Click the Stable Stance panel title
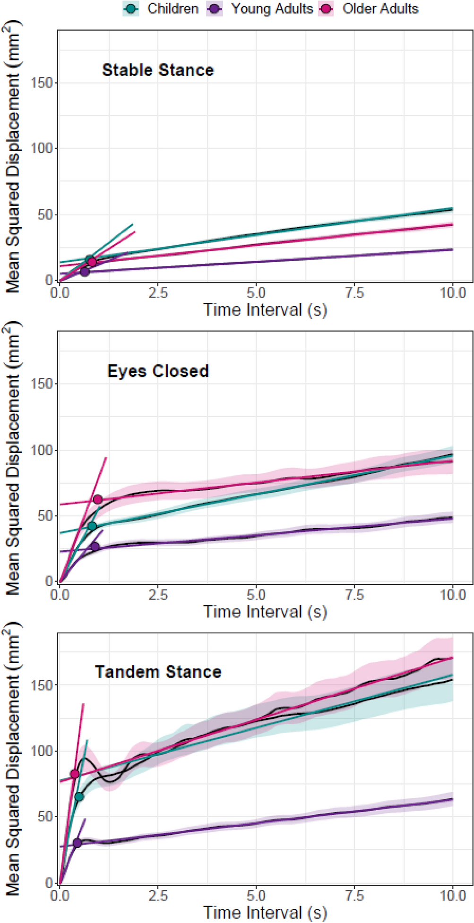point(158,70)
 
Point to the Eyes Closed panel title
point(158,371)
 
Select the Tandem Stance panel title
point(158,672)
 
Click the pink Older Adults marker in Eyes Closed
point(97,500)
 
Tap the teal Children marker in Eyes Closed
point(92,526)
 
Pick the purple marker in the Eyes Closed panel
point(95,547)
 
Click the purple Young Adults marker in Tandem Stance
point(78,843)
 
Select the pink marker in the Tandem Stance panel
point(74,774)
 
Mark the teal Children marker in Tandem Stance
point(79,797)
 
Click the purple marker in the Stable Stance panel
point(85,272)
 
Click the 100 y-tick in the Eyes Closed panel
point(41,450)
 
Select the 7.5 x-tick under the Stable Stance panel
point(354,293)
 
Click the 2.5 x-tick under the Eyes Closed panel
point(158,594)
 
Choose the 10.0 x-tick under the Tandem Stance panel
point(452,896)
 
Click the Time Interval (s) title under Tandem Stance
point(265,912)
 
